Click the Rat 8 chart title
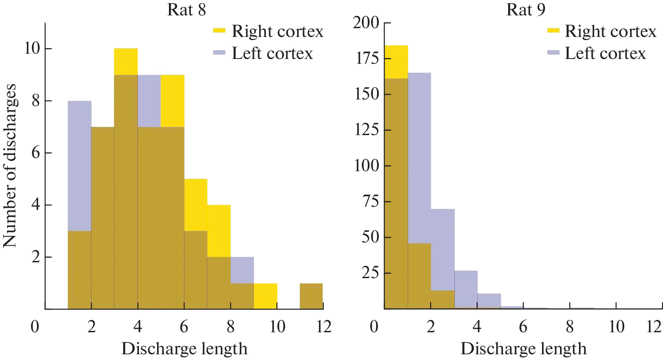(x=187, y=10)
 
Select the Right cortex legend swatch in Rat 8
(x=219, y=31)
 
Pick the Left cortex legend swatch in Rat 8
(x=219, y=52)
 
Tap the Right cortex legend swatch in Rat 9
(x=553, y=31)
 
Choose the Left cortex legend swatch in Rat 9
(x=553, y=52)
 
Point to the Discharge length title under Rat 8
(x=184, y=349)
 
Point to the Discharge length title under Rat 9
(x=524, y=349)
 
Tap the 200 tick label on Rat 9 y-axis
(x=366, y=22)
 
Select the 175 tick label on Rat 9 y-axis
(x=366, y=59)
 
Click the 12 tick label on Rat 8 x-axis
(x=324, y=327)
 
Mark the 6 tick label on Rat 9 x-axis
(x=523, y=327)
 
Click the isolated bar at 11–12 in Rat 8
(x=311, y=296)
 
